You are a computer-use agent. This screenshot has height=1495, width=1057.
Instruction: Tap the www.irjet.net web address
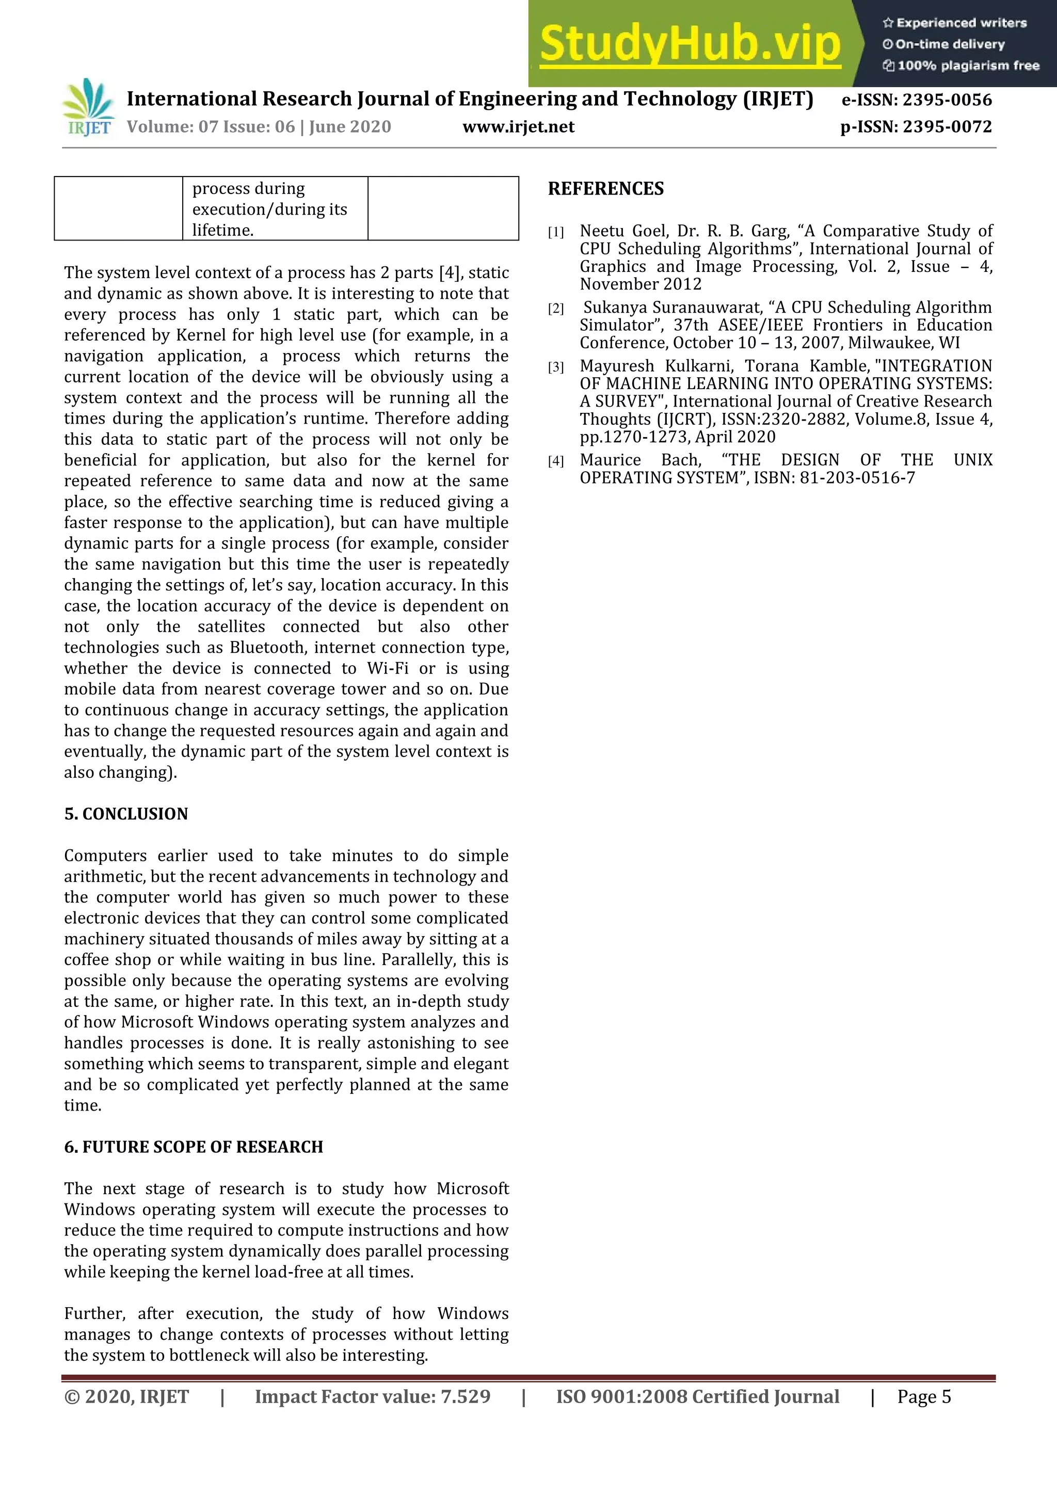(x=518, y=126)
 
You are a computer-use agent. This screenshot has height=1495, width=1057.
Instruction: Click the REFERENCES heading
(x=606, y=189)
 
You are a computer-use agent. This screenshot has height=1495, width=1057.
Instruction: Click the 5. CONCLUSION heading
(x=126, y=814)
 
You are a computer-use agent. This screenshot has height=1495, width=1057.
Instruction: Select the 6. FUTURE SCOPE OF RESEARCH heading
(x=194, y=1147)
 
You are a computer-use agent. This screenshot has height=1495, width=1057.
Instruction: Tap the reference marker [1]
(x=555, y=232)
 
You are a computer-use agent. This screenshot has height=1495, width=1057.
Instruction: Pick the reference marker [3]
(x=555, y=367)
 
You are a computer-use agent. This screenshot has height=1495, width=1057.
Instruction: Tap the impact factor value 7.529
(x=465, y=1396)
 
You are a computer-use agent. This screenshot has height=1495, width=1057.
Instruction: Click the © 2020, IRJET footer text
(x=126, y=1396)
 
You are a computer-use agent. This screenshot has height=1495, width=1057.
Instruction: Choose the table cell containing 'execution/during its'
(x=275, y=208)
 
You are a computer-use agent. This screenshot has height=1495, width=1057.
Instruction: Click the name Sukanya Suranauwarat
(x=671, y=308)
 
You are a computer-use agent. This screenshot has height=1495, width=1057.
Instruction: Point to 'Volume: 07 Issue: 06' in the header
(x=211, y=126)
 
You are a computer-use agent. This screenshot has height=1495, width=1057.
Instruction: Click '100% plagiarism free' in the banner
(x=968, y=65)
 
